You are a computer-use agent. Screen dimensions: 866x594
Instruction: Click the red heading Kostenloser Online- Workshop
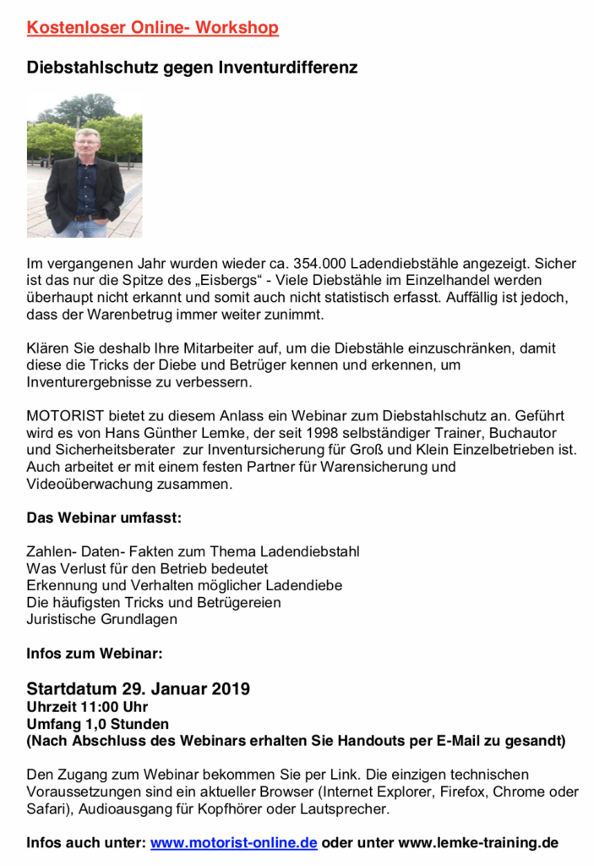tap(152, 28)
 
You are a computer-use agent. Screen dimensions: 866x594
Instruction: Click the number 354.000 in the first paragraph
tap(318, 263)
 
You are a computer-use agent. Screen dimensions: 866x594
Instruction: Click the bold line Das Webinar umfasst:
tap(104, 517)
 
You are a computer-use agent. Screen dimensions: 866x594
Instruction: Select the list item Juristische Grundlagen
tap(102, 619)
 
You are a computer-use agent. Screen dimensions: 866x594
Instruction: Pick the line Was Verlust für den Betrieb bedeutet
tap(147, 568)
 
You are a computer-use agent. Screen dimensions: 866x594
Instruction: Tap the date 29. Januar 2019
tap(182, 688)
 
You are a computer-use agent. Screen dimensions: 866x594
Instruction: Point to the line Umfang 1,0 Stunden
tap(97, 724)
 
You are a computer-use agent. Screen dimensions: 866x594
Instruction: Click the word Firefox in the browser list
tap(460, 792)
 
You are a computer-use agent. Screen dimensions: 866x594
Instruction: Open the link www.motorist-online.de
tap(234, 842)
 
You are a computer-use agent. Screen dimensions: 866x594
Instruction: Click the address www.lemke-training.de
tap(477, 842)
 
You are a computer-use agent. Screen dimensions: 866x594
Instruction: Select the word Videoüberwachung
tap(93, 484)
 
